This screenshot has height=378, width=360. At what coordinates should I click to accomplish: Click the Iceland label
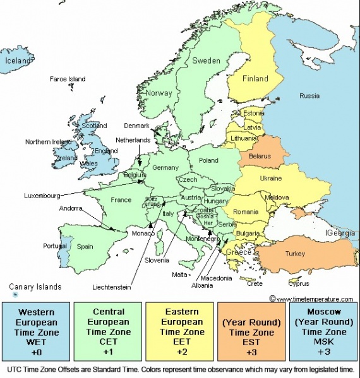pyautogui.click(x=18, y=61)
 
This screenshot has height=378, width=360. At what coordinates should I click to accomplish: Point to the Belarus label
pyautogui.click(x=260, y=155)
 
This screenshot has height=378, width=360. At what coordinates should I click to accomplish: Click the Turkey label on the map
pyautogui.click(x=295, y=254)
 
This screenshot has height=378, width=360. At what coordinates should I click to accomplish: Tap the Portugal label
pyautogui.click(x=55, y=246)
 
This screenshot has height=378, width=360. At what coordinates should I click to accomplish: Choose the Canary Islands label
pyautogui.click(x=35, y=286)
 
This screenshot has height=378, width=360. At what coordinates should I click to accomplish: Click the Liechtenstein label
pyautogui.click(x=111, y=287)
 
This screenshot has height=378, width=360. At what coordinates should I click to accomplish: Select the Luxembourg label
pyautogui.click(x=42, y=195)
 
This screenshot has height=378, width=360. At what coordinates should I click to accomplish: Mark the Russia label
pyautogui.click(x=309, y=96)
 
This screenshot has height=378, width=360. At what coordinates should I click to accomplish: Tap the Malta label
pyautogui.click(x=179, y=275)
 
